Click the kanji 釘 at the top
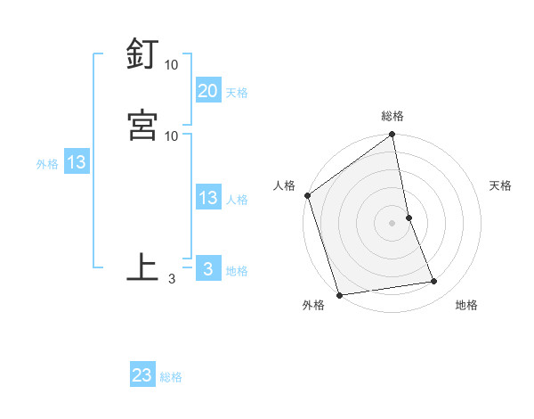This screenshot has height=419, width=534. coord(143,54)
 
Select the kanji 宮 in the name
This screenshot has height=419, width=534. coord(143,124)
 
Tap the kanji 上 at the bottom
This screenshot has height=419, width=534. coord(143,267)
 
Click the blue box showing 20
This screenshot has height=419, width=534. coord(207,91)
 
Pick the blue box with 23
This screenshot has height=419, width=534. coord(142,375)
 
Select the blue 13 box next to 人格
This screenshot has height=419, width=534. coord(207,199)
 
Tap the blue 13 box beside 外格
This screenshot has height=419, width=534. coord(77,163)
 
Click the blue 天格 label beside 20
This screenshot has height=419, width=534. coord(237,93)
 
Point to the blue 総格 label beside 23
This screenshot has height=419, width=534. coord(172,377)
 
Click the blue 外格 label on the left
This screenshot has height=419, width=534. coord(47,164)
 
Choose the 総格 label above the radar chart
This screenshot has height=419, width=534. coord(392,116)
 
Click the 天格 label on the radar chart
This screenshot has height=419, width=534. coord(501,185)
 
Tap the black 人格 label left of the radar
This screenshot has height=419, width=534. coord(285,185)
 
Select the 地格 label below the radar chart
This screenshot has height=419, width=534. coord(466,305)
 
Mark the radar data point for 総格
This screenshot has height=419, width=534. coord(392,136)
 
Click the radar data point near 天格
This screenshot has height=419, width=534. coord(409,218)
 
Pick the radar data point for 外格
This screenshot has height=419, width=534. coord(339,294)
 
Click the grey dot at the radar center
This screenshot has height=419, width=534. coord(392,222)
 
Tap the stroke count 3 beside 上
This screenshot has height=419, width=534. coord(171,279)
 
